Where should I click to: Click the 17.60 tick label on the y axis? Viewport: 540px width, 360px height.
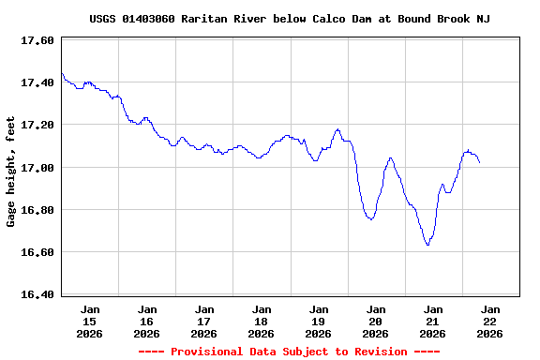point(37,40)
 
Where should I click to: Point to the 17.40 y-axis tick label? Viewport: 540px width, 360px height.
point(37,82)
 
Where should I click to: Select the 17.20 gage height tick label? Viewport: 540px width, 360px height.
point(37,125)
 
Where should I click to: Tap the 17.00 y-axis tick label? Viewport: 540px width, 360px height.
point(37,168)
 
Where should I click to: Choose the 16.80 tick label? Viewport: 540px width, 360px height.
point(37,210)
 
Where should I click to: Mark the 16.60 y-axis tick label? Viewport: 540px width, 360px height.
point(37,252)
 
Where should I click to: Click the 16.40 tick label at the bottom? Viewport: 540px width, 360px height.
point(37,294)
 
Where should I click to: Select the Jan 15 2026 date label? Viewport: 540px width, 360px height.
point(90,321)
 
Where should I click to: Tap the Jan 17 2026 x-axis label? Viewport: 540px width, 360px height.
point(203,321)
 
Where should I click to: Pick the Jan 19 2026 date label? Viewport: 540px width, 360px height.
point(318,321)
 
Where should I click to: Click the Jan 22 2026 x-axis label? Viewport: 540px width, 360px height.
point(489,321)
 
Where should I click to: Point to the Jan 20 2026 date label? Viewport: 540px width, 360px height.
point(375,321)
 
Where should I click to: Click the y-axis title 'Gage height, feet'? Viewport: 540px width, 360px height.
point(11,172)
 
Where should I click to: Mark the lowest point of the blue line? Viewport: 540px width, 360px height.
point(427,245)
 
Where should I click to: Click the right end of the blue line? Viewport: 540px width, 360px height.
point(480,163)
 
